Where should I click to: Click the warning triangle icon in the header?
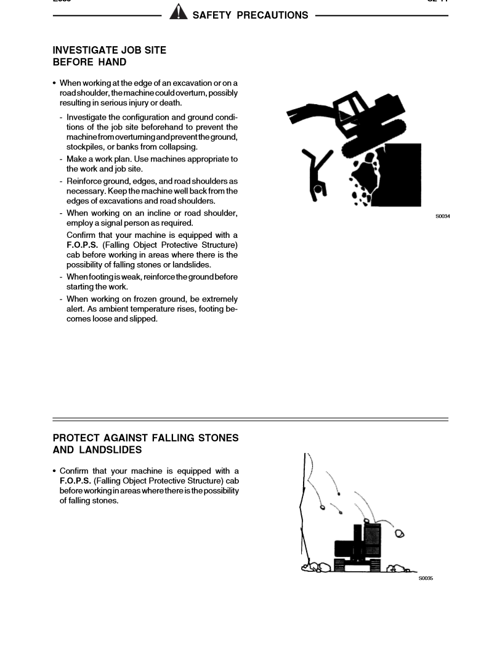tap(178, 12)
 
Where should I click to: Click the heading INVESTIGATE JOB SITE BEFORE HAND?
tap(109, 56)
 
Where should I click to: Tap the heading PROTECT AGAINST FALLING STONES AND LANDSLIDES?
tap(145, 444)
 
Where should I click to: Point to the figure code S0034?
tap(442, 216)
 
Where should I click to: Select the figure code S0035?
tap(426, 578)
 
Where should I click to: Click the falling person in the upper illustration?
tap(318, 173)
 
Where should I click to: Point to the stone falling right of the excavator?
tap(399, 534)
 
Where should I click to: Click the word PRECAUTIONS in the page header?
tap(272, 15)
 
